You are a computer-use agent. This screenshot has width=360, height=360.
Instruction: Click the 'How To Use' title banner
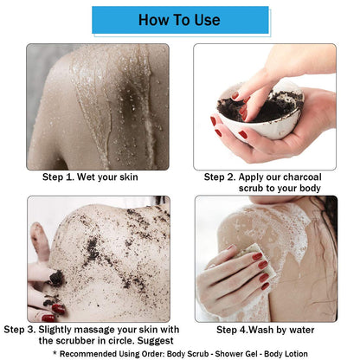(179, 20)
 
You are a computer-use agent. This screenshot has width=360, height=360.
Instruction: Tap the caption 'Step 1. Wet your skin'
(90, 177)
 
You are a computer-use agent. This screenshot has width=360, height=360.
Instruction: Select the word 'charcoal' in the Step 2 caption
(306, 177)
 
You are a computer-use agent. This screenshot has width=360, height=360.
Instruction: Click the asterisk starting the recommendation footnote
(55, 353)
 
